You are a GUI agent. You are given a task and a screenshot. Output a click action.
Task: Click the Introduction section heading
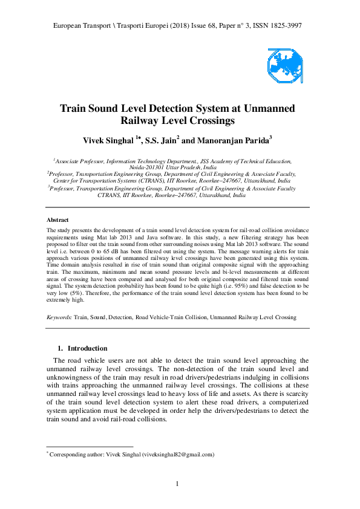tap(87, 348)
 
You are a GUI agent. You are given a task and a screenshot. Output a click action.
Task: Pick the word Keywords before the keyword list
tap(59, 316)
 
